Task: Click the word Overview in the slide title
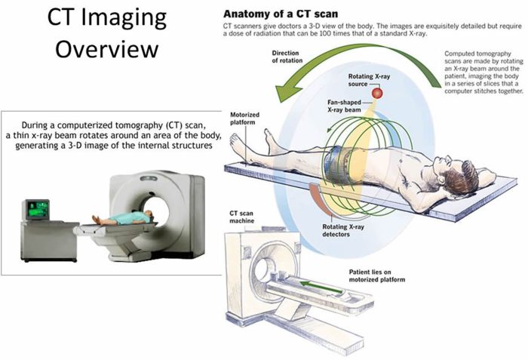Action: (x=111, y=49)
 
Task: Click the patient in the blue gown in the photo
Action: (x=121, y=220)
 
